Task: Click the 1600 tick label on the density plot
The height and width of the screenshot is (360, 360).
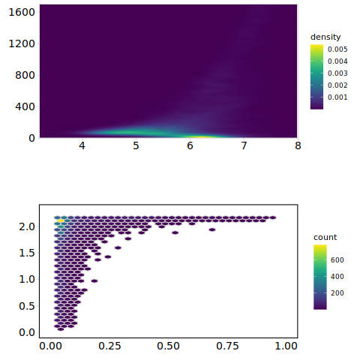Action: [x=22, y=12]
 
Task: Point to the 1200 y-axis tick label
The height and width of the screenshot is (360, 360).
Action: [x=22, y=43]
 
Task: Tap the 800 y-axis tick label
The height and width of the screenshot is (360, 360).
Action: [x=25, y=75]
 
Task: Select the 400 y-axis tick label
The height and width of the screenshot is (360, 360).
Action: [x=25, y=106]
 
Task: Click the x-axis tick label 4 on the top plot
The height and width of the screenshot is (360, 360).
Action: [x=82, y=145]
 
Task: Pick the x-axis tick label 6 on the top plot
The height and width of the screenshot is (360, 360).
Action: [x=190, y=145]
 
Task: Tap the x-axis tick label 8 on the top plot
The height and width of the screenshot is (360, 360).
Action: [x=298, y=145]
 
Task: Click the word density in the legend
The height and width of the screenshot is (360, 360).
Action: [x=325, y=37]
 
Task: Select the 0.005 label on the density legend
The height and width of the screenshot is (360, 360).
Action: [x=337, y=49]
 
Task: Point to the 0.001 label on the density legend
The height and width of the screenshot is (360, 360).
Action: [x=337, y=97]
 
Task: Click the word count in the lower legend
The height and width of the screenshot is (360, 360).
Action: [x=325, y=237]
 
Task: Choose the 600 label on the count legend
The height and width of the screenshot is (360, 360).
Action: [x=337, y=260]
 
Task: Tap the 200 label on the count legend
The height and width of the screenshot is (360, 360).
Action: [x=337, y=293]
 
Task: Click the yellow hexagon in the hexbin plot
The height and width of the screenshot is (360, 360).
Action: [x=61, y=220]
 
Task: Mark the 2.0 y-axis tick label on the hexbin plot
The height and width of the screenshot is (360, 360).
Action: [x=27, y=226]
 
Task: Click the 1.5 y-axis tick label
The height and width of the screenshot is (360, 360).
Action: [x=27, y=253]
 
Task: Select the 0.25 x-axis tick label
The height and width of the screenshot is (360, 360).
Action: [x=109, y=346]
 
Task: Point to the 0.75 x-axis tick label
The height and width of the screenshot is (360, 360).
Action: [x=227, y=346]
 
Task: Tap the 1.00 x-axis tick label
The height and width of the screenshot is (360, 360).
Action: [x=286, y=346]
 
